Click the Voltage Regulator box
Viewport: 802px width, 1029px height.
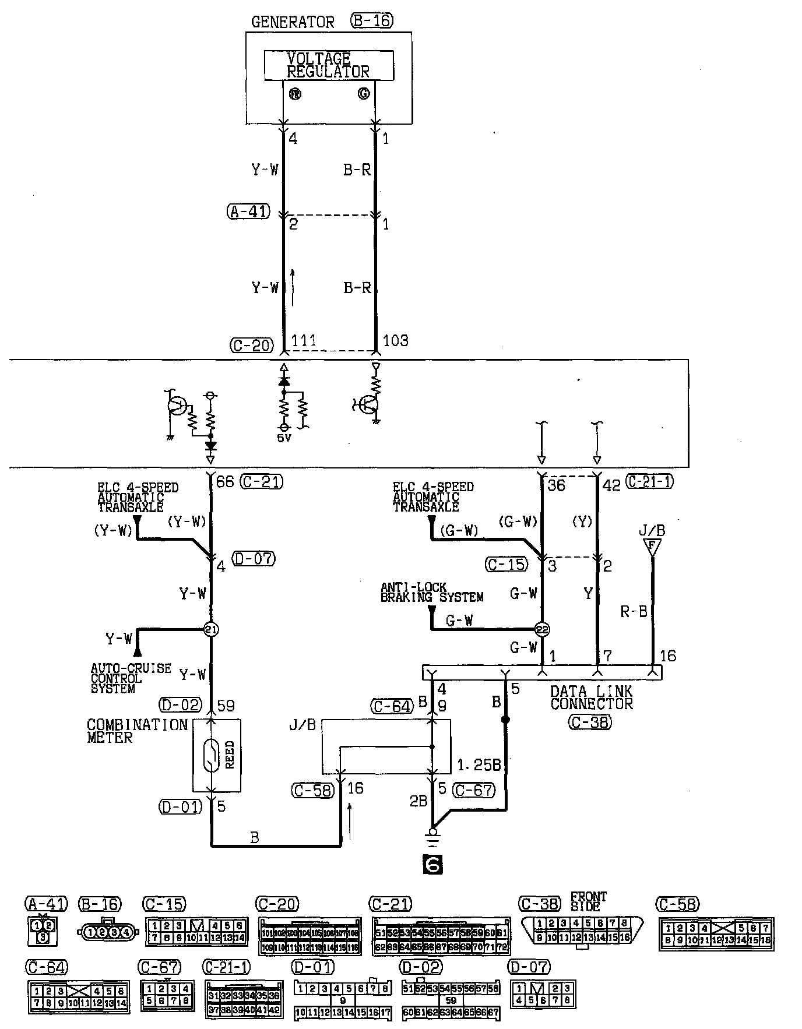329,65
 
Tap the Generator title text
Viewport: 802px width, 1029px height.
293,22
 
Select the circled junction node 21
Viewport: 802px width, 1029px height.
211,629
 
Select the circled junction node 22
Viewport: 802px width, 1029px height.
542,629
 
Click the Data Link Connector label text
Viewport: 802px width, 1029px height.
591,697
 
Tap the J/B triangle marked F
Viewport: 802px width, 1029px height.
652,547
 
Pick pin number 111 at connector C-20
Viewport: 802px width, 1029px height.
304,340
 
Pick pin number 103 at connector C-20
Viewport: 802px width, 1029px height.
396,340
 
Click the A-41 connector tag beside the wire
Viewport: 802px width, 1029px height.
248,212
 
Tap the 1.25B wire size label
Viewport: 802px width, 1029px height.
480,764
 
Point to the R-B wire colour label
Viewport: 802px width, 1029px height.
634,611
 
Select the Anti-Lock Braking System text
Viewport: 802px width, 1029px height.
432,592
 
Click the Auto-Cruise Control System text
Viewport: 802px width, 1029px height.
131,678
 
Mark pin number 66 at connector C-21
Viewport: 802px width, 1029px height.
225,482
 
